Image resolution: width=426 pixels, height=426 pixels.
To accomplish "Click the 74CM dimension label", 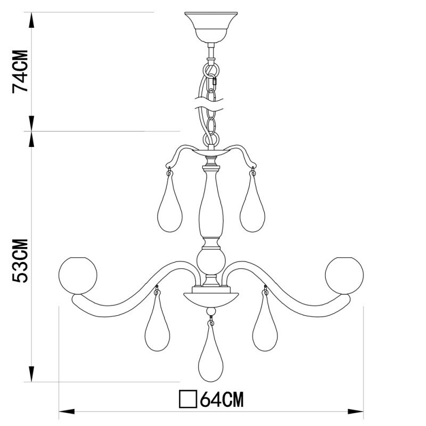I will pyautogui.click(x=21, y=71).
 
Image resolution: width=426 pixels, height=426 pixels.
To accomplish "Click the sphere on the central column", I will pyautogui.click(x=211, y=261).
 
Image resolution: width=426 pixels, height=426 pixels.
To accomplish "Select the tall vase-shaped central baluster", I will pyautogui.click(x=211, y=205).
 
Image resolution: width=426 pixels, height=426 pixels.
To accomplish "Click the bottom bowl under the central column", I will pyautogui.click(x=211, y=297).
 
